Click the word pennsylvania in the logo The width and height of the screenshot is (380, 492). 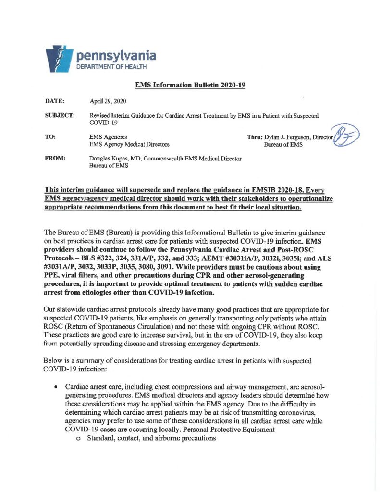click(x=116, y=56)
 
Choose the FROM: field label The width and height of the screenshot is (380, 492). click(x=54, y=158)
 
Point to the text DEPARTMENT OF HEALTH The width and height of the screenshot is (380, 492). click(x=110, y=67)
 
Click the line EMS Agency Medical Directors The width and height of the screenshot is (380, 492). click(x=129, y=144)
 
